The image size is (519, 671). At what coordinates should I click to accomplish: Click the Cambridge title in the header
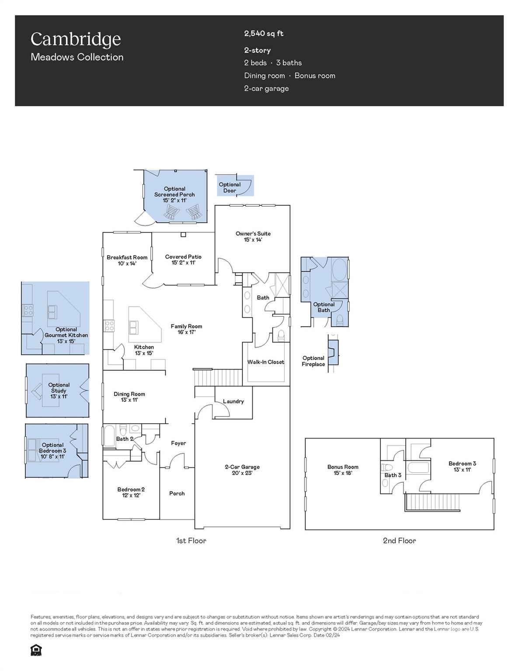(75, 39)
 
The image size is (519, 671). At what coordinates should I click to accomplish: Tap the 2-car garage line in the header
(266, 88)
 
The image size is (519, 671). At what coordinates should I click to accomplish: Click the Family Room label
(186, 329)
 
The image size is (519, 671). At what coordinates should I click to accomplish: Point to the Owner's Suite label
(253, 236)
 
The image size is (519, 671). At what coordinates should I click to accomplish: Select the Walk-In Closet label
(265, 362)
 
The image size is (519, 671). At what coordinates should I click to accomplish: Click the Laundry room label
(233, 401)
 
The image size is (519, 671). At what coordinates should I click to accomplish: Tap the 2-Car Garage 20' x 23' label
(242, 470)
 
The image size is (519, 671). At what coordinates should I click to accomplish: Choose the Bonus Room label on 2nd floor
(342, 470)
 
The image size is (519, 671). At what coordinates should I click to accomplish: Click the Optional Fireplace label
(313, 361)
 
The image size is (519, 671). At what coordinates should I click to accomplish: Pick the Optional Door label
(230, 187)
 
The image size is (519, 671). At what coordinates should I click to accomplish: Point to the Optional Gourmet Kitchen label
(66, 335)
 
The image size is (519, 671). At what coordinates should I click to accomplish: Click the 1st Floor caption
(191, 540)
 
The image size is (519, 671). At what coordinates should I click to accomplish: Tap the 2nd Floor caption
(399, 540)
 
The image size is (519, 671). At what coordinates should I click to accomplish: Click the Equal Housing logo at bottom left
(36, 650)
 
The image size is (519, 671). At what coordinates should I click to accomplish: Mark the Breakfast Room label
(127, 260)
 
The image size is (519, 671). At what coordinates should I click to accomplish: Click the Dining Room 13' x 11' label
(129, 397)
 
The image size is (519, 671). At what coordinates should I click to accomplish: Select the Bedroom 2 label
(131, 492)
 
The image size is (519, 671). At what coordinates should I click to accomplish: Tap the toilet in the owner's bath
(282, 336)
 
